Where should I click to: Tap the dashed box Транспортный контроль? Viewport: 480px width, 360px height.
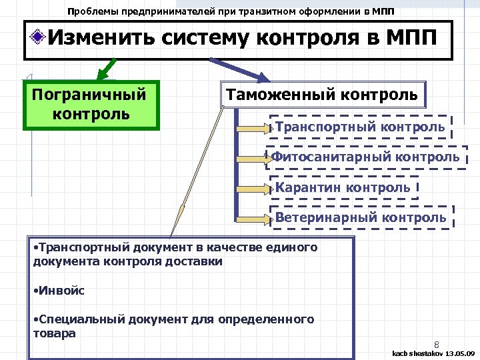pos(360,127)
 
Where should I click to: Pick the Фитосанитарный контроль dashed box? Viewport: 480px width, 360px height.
pos(365,157)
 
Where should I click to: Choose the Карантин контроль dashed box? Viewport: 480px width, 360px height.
pos(343,187)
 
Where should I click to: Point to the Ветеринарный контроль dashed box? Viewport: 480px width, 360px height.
pos(361,217)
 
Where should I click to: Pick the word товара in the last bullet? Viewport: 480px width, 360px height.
pos(54,333)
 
